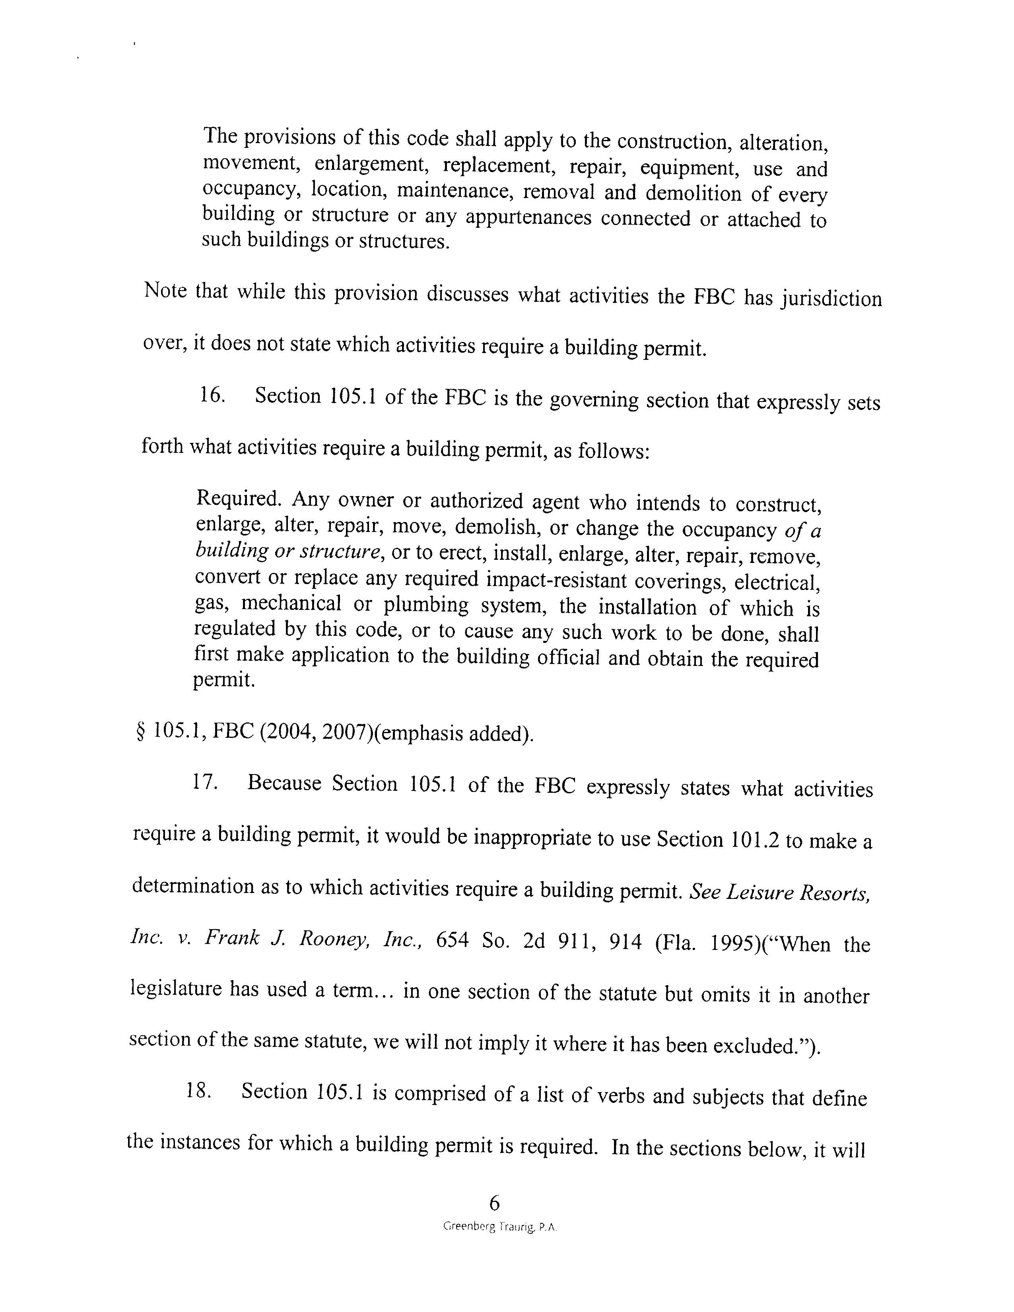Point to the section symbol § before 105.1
[x=142, y=732]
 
